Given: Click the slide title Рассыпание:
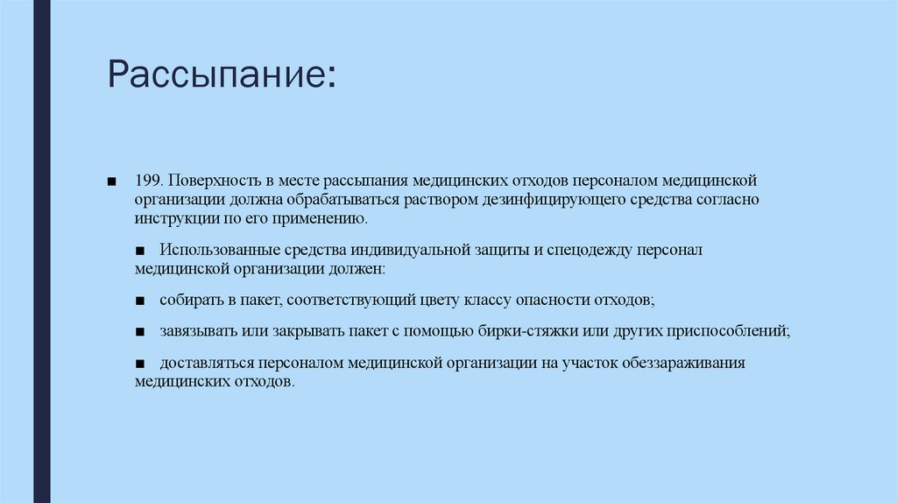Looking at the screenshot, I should [x=221, y=74].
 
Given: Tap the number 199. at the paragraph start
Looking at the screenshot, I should [x=148, y=180].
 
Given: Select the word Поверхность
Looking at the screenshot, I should [x=209, y=180].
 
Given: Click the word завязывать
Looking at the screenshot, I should [x=194, y=331].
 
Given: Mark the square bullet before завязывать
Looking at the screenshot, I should [x=141, y=332].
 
